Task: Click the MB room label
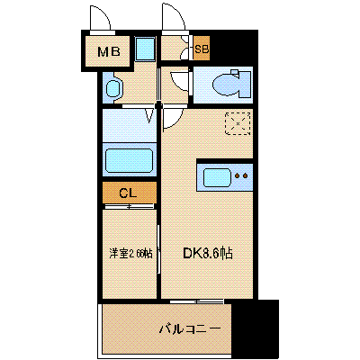109,52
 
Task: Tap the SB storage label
202,49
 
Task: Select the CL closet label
128,193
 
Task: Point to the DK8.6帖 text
208,254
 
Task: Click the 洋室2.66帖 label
130,254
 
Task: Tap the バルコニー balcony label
190,329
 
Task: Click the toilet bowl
226,85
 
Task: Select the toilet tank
245,85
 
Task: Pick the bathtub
129,162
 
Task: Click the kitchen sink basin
217,177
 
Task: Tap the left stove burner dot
238,175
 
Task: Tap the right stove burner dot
246,175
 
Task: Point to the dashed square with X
238,123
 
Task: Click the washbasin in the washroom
113,88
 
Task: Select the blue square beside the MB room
145,49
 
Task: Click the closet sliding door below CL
129,206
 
